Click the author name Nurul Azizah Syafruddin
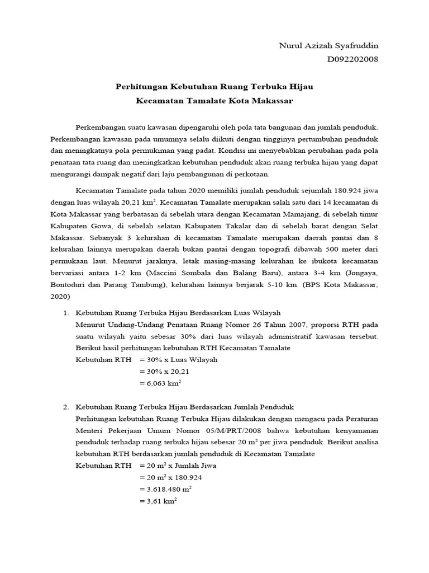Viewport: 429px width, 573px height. click(324, 46)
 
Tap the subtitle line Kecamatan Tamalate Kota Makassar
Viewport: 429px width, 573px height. click(214, 101)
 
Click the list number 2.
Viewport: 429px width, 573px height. click(65, 407)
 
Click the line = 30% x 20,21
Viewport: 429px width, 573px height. click(166, 372)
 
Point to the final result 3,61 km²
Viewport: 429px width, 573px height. click(161, 501)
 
